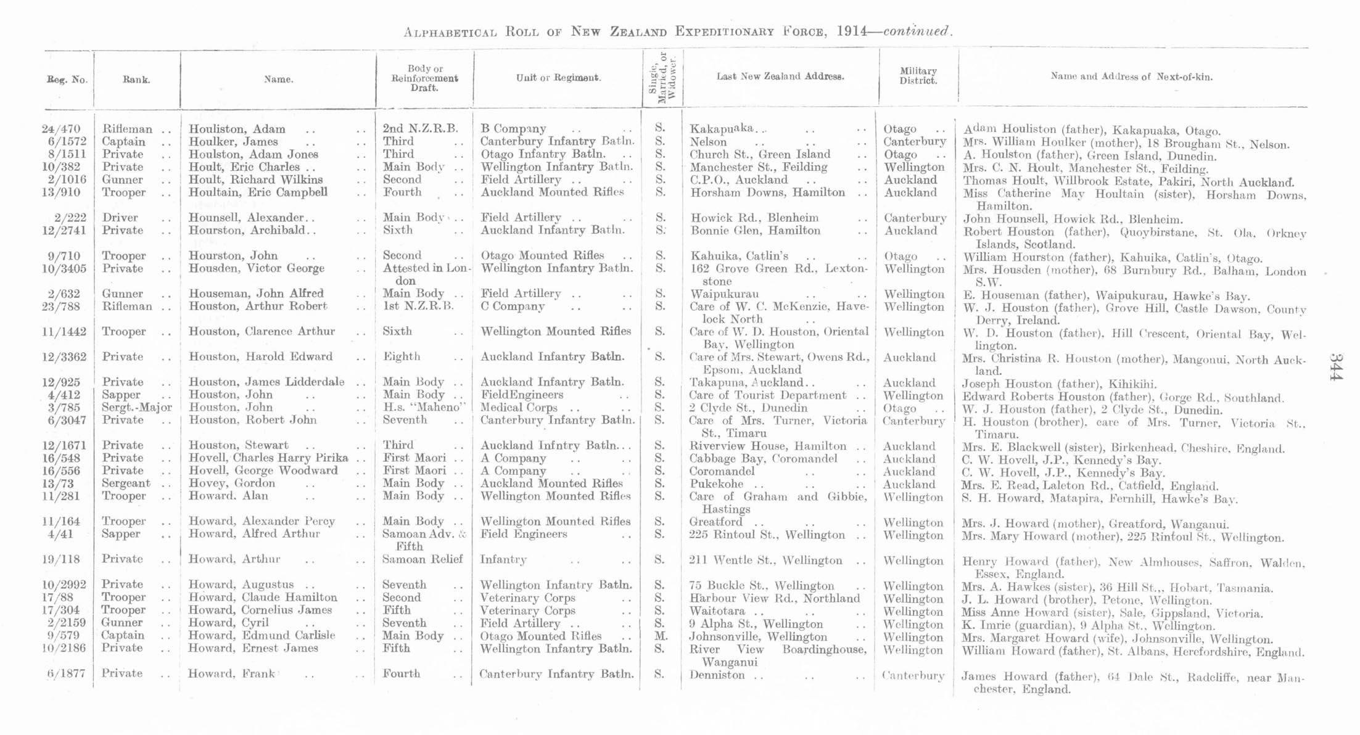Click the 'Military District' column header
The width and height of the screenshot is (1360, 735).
[918, 76]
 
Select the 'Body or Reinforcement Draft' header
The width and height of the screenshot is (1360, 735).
[424, 78]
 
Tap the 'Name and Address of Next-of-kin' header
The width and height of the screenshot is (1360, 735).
[1131, 77]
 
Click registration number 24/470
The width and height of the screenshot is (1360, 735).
[61, 129]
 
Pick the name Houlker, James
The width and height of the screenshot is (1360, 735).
[233, 142]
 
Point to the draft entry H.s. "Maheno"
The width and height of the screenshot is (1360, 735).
[424, 408]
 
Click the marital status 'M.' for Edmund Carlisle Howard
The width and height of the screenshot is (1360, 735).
[660, 636]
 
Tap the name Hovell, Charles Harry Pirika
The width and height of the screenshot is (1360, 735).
[268, 458]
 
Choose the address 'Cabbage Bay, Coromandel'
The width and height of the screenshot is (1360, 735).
[763, 459]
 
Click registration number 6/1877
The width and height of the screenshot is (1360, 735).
[66, 674]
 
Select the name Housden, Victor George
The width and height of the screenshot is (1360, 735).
[256, 269]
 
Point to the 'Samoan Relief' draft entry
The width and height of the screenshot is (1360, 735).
[422, 560]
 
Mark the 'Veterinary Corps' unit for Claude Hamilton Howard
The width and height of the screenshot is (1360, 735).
[527, 598]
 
